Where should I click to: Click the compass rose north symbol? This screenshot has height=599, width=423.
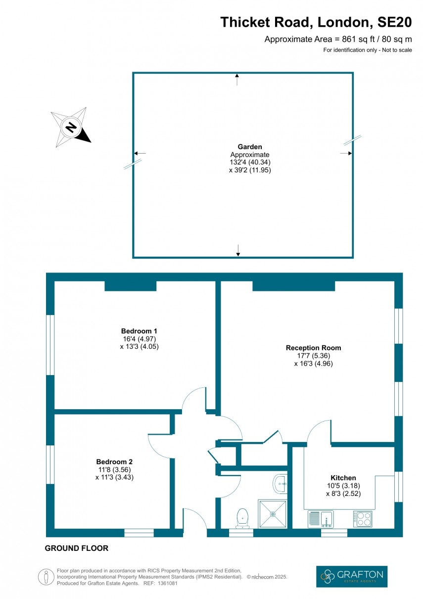(71, 128)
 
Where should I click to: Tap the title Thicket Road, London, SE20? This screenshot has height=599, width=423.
(316, 22)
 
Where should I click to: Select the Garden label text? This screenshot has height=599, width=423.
(250, 147)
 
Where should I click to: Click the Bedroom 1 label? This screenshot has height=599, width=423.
(139, 331)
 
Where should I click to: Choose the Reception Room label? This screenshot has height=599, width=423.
(313, 348)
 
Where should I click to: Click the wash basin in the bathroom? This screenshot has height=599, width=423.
(280, 483)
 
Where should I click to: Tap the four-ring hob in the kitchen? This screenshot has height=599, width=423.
(363, 519)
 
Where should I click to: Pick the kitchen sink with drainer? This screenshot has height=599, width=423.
(321, 519)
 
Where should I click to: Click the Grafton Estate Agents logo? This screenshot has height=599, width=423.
(352, 576)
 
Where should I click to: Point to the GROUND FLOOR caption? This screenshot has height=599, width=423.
(76, 548)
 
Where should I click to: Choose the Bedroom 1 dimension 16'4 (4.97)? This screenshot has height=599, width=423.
(139, 339)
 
